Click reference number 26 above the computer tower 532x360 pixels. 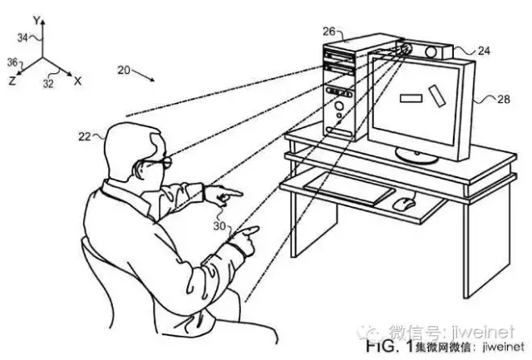[x=329, y=32]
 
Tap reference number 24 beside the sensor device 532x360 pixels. [x=484, y=51]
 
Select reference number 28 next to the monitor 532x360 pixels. [x=504, y=99]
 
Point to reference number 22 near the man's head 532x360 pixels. [x=85, y=136]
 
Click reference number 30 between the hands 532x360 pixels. [x=219, y=225]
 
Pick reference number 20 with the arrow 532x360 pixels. [x=124, y=70]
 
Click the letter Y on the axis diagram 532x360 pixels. [x=37, y=21]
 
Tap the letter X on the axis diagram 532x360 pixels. [x=77, y=81]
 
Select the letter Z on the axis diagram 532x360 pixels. [x=12, y=81]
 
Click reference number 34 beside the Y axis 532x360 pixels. [x=22, y=37]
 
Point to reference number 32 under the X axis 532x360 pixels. [x=48, y=83]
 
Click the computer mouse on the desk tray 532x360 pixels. [x=404, y=204]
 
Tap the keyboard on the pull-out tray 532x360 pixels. [x=349, y=189]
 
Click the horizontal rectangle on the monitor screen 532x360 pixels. [x=411, y=98]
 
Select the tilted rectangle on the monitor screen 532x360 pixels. [x=437, y=96]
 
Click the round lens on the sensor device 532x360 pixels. [x=431, y=52]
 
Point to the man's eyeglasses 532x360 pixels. [x=157, y=163]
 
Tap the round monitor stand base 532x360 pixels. [x=416, y=155]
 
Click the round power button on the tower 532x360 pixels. [x=338, y=106]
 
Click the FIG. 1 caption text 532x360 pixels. [x=390, y=346]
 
